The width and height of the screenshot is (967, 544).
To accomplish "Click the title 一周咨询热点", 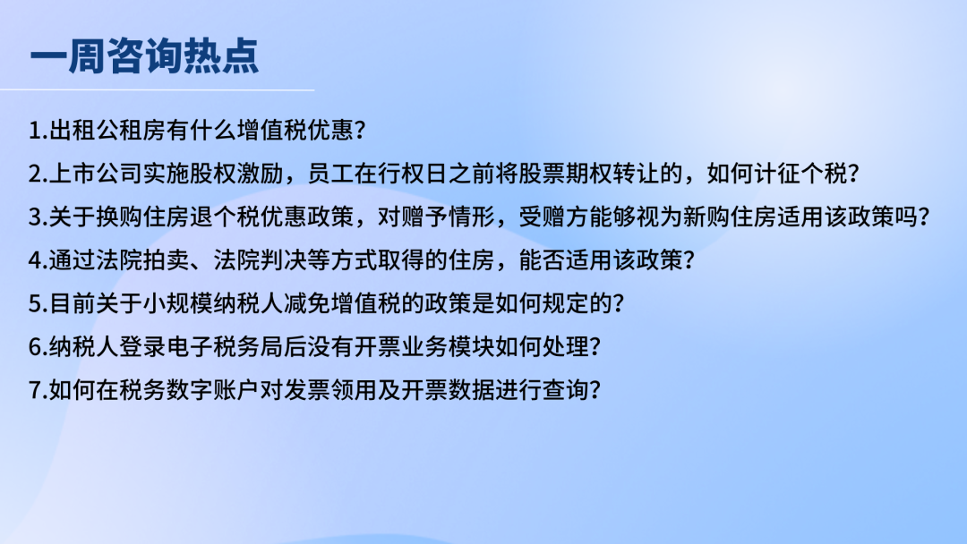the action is [144, 56].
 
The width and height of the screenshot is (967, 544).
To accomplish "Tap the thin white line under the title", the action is [158, 90].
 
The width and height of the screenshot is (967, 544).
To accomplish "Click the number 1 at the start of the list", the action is [35, 131].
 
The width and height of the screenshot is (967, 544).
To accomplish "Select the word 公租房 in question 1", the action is [131, 130].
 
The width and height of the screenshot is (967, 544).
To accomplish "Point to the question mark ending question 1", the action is [361, 131].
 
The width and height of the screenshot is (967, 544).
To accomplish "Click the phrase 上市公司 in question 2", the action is [96, 174].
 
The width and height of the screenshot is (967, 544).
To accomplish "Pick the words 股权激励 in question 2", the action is [236, 174].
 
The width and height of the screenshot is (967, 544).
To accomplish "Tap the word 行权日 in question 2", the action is [413, 174].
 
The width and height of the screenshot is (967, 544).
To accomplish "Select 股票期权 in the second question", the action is [565, 174].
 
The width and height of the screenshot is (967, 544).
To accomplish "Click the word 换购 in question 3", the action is [119, 217].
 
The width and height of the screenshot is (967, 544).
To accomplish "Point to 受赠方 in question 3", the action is [553, 217].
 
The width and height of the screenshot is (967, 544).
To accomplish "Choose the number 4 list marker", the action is [35, 260].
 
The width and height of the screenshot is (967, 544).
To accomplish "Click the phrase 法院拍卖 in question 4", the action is [142, 260].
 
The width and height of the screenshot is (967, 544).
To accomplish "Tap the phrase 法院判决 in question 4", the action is [260, 260].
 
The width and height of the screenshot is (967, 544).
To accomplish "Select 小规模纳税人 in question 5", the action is [213, 303].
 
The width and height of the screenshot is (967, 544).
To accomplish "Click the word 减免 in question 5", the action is [306, 303].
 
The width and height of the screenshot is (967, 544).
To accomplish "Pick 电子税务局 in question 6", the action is [224, 346].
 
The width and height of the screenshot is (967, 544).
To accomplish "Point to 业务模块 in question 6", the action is [448, 346].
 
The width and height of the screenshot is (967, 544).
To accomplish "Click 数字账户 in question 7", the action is [213, 389].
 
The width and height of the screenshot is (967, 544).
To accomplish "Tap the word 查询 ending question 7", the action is [565, 389].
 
